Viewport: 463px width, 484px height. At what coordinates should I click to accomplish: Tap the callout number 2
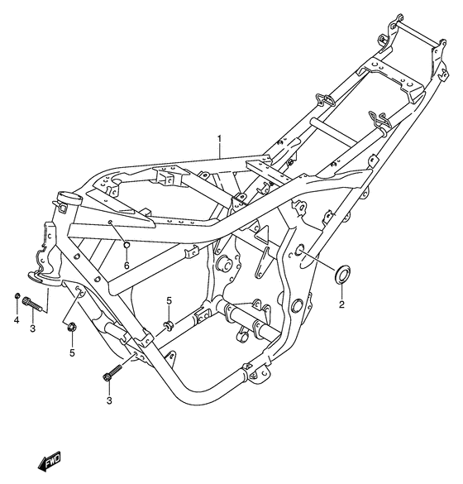(341, 304)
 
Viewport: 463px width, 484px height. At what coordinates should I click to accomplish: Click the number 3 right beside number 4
(32, 330)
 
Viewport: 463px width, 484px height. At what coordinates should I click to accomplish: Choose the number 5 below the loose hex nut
(72, 353)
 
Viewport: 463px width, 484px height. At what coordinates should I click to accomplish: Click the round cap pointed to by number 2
(341, 273)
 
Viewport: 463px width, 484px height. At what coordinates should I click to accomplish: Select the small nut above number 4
(17, 296)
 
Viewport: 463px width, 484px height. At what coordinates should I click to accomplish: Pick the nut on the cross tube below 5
(168, 322)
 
